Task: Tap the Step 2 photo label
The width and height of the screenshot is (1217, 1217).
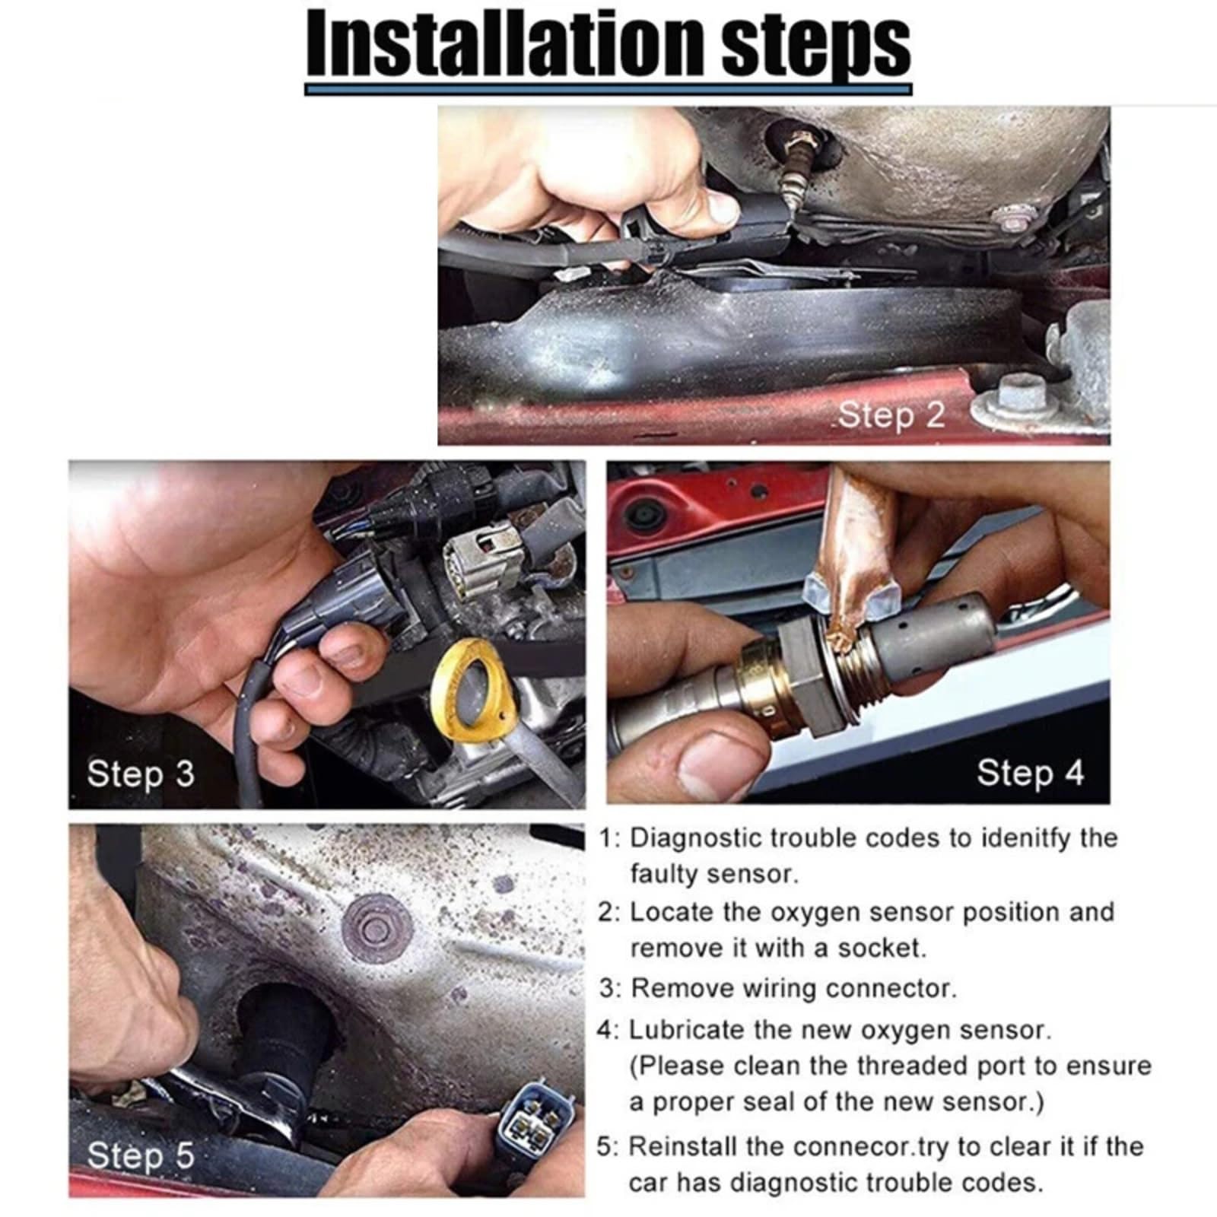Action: (x=891, y=415)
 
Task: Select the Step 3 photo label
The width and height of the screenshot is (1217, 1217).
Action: (x=141, y=774)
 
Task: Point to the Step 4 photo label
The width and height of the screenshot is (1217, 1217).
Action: (x=1030, y=773)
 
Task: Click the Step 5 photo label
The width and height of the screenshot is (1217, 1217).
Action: (x=141, y=1155)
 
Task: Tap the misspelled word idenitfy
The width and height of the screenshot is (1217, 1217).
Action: (x=1024, y=838)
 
